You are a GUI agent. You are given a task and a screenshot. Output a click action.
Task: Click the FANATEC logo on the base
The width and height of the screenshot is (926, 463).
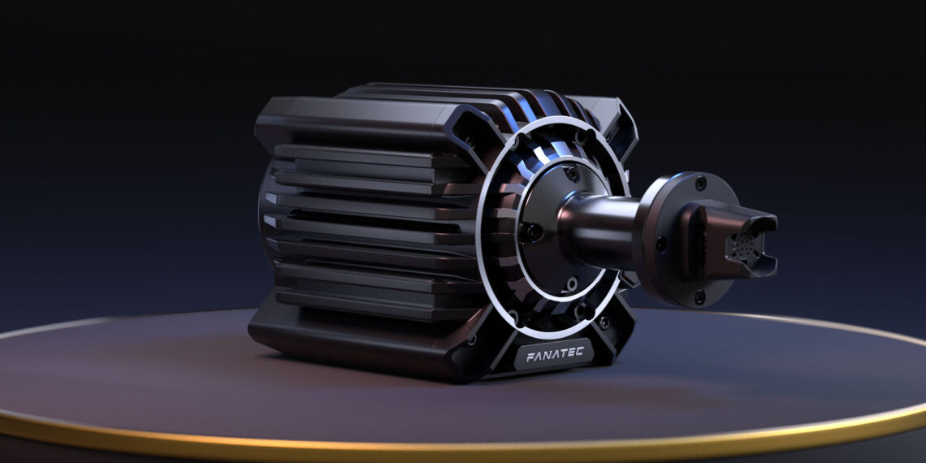coord(554,355)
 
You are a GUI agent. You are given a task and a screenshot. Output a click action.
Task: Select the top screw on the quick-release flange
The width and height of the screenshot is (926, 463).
coord(699,184)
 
